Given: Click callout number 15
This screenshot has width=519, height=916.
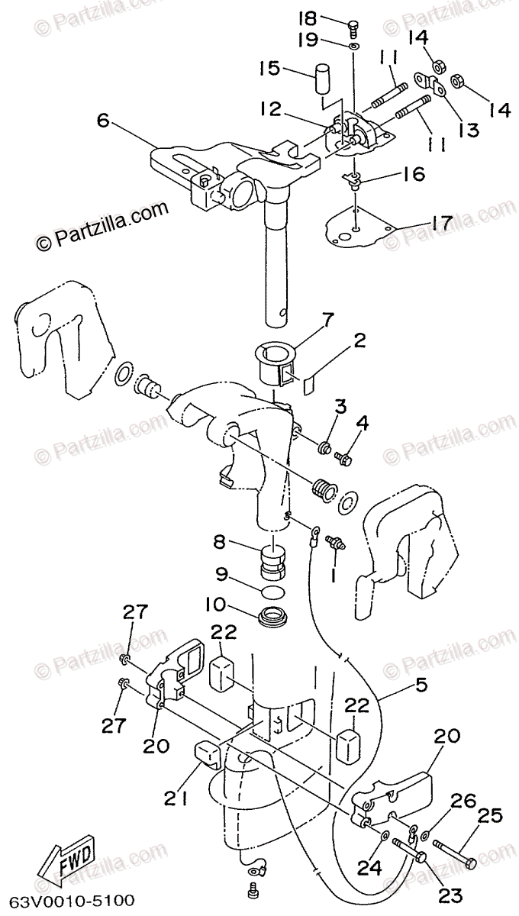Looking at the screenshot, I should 269,68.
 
